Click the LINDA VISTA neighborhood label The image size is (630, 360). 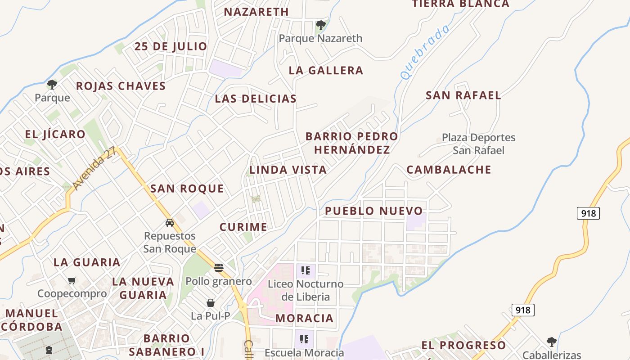[288, 170]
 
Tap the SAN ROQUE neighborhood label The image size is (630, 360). [187, 189]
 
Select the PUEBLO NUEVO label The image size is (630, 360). [374, 211]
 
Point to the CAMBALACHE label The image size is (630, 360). [449, 170]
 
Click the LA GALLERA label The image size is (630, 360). [326, 70]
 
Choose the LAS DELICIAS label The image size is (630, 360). [256, 99]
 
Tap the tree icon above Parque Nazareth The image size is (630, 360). [320, 25]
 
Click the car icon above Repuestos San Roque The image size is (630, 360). [170, 223]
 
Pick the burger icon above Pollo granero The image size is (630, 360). [219, 268]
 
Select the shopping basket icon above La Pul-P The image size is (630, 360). [210, 303]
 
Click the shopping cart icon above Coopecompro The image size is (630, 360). [72, 281]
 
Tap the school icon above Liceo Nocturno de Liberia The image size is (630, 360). [306, 270]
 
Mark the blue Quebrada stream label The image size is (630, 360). [425, 52]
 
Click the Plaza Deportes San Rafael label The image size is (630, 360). [478, 144]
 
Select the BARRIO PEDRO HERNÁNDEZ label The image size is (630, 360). [352, 143]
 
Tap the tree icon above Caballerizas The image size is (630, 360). [552, 342]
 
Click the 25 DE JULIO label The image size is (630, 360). [171, 46]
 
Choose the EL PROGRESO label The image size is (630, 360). [463, 345]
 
